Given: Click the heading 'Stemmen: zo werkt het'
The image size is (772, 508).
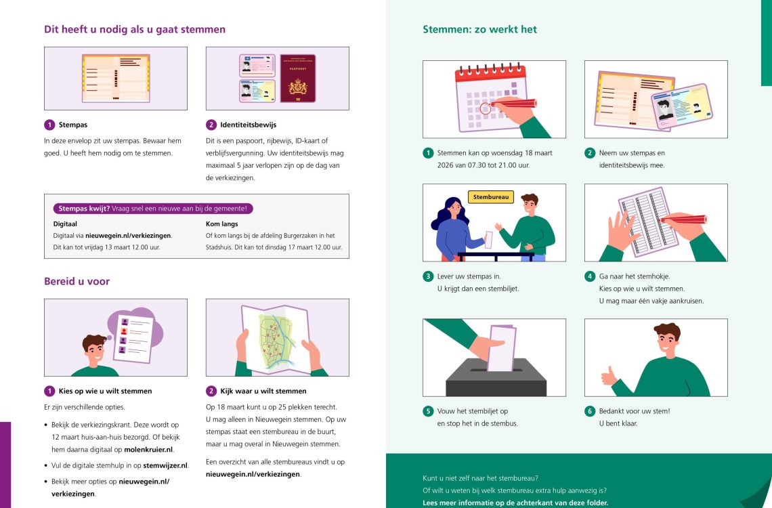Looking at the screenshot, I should (479, 29).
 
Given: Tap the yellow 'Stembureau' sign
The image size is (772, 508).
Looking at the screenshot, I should (491, 197).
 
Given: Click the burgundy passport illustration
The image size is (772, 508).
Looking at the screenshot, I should (298, 78).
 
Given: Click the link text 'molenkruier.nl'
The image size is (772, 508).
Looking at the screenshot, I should (148, 449).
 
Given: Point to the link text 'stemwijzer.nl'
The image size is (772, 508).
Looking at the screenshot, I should (165, 466).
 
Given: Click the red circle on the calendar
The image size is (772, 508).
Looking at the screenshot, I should (485, 108).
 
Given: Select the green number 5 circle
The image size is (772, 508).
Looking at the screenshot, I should (428, 411).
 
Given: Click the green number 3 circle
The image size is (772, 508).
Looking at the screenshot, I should (428, 276).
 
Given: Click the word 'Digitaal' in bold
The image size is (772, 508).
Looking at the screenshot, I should (65, 224).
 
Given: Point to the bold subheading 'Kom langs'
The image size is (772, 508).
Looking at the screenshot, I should (221, 224).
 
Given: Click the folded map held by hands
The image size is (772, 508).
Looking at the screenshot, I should (276, 337).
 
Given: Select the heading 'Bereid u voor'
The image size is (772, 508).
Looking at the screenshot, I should (77, 281).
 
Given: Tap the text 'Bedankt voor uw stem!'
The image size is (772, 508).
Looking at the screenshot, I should (634, 411).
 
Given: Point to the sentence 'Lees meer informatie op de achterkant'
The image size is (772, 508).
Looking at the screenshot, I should (515, 503).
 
